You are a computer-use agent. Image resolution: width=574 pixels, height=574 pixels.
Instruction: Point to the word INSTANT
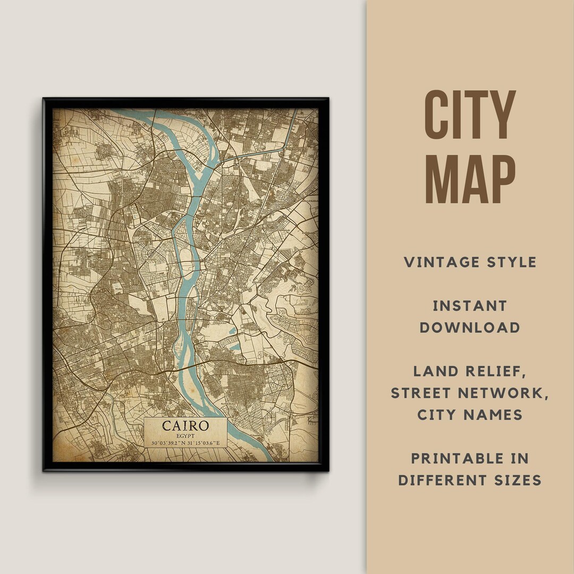(470, 306)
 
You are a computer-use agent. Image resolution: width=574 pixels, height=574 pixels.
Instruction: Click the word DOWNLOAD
(470, 327)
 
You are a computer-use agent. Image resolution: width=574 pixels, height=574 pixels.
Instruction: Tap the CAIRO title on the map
(185, 426)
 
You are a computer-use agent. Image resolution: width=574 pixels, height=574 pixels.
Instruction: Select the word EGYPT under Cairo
(185, 436)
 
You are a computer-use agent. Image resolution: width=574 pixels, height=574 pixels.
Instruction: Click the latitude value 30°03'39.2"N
(167, 443)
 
